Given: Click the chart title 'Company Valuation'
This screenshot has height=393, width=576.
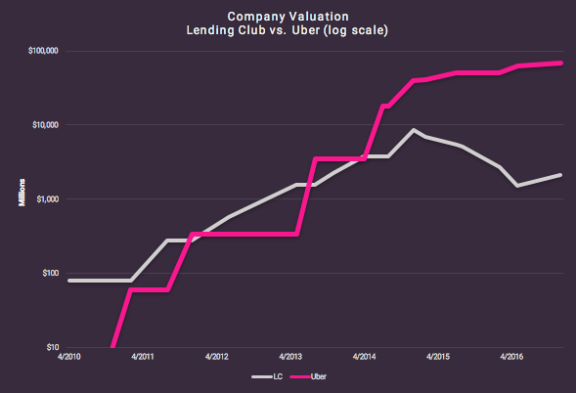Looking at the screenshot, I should [x=287, y=17].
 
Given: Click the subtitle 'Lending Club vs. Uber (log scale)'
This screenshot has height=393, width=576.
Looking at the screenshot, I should [x=287, y=30].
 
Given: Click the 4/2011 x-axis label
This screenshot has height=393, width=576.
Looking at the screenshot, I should [x=142, y=358].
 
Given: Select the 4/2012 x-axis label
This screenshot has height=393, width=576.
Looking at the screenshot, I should [x=215, y=358].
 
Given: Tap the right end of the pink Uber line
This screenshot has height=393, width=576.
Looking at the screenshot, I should [x=560, y=63].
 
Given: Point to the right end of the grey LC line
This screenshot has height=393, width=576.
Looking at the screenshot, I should [x=560, y=175].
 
